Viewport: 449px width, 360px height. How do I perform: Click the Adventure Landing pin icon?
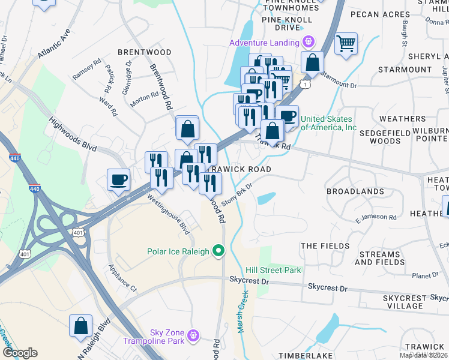point(309,43)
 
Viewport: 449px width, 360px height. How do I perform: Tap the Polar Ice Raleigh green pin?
point(219,251)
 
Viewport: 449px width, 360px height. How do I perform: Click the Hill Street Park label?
point(273,270)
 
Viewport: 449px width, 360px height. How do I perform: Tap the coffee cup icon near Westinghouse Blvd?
point(118,179)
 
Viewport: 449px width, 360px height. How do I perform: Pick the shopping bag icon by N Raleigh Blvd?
point(80,326)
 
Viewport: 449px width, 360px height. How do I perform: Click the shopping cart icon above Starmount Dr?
point(346,44)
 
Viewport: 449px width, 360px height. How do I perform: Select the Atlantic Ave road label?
point(54,44)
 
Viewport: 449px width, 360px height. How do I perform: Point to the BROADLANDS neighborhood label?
point(355,191)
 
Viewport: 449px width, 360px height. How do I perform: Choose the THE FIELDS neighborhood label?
point(325,246)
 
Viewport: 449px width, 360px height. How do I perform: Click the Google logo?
point(20,353)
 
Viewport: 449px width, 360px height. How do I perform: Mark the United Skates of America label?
point(328,123)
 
